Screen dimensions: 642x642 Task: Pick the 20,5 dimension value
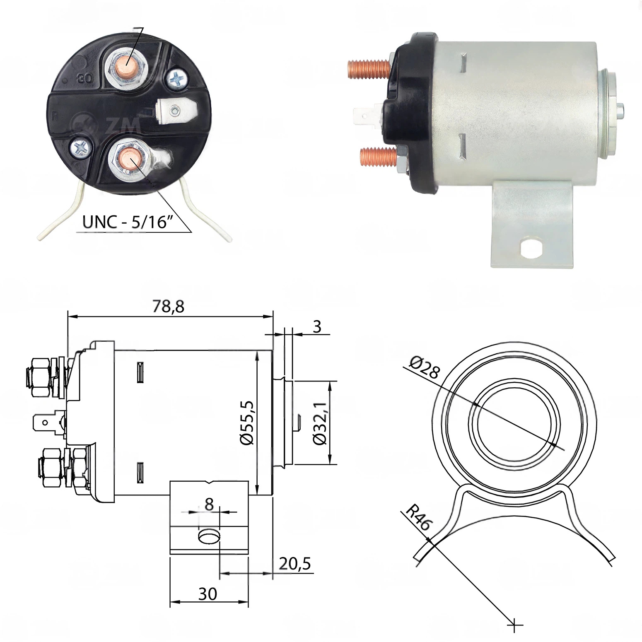pos(295,564)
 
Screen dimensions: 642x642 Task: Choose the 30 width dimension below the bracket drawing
pos(208,594)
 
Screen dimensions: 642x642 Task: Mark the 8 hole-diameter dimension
pos(209,504)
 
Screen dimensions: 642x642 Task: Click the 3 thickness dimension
pos(317,327)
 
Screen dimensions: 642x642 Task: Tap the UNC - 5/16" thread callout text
pos(128,222)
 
